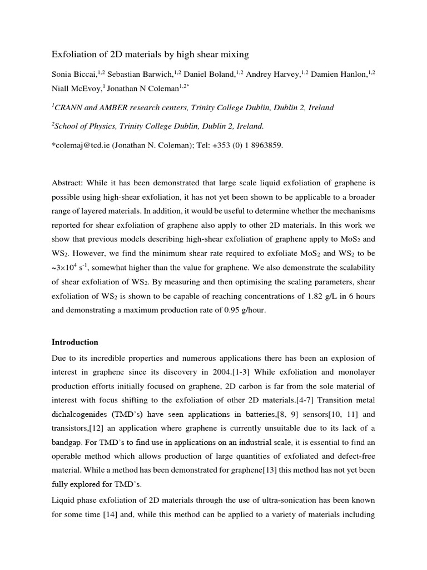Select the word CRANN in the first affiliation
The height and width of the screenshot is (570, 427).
coord(71,108)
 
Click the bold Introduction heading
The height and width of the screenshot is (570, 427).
coord(75,342)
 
